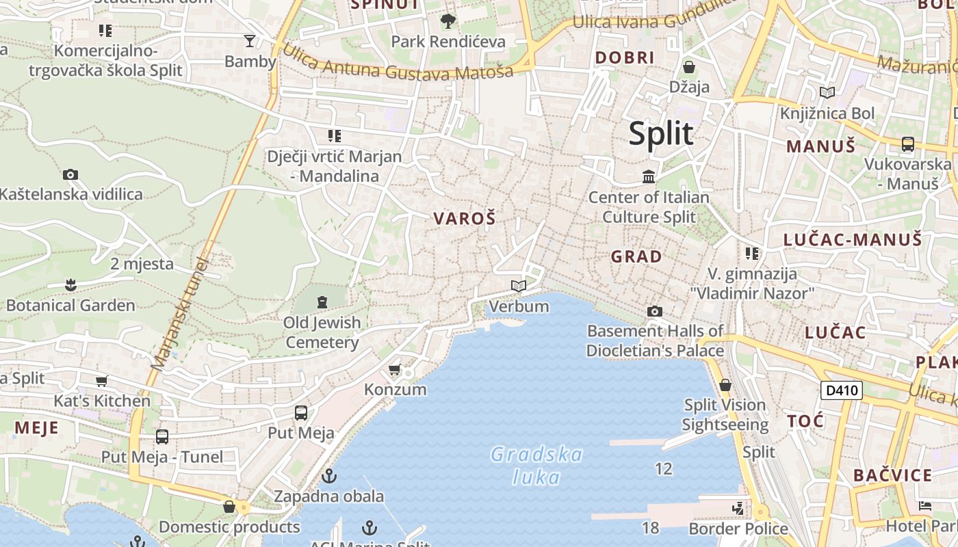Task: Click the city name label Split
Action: click(660, 133)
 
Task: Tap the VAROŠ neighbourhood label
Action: click(464, 219)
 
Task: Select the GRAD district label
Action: click(636, 257)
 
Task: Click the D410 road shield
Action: click(841, 390)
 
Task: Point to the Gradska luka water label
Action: click(536, 466)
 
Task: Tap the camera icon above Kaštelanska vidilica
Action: click(70, 174)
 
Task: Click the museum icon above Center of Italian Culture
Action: click(648, 178)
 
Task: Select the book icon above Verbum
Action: click(519, 286)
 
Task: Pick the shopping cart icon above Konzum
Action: click(394, 370)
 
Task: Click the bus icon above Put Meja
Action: click(300, 412)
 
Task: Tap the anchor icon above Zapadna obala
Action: click(329, 475)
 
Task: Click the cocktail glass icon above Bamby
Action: click(250, 41)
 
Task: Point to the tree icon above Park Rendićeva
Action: click(448, 21)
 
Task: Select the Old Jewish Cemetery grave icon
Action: click(322, 302)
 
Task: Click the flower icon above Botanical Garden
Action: click(70, 284)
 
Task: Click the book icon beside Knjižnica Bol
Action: click(827, 92)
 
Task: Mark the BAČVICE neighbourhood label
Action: click(892, 475)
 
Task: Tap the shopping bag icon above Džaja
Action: click(689, 67)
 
